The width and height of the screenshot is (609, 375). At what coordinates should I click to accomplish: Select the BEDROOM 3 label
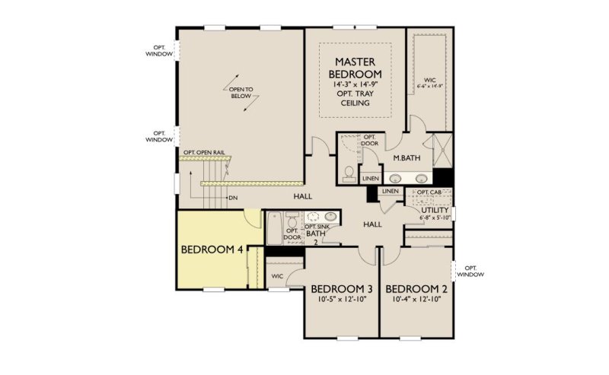(341, 289)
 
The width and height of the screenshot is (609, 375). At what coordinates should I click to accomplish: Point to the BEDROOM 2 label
(416, 289)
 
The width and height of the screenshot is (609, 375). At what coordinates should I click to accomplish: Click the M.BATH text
(407, 158)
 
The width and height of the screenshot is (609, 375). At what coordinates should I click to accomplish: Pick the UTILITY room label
(435, 210)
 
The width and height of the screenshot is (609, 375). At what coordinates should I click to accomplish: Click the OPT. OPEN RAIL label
(203, 151)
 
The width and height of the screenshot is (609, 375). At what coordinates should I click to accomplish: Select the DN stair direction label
(232, 198)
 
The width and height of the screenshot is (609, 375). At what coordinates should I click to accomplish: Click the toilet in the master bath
(349, 174)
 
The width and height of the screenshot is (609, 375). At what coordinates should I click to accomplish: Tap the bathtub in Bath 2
(274, 226)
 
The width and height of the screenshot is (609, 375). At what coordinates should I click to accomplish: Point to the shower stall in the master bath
(439, 150)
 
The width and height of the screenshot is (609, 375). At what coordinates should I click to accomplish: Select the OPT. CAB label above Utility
(430, 193)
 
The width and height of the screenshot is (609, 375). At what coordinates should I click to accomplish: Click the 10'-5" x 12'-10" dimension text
(341, 300)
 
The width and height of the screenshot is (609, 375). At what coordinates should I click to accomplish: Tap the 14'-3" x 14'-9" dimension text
(354, 84)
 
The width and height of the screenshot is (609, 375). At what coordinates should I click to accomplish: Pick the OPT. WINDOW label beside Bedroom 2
(470, 271)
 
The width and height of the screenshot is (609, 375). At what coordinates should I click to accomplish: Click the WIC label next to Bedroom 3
(276, 275)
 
